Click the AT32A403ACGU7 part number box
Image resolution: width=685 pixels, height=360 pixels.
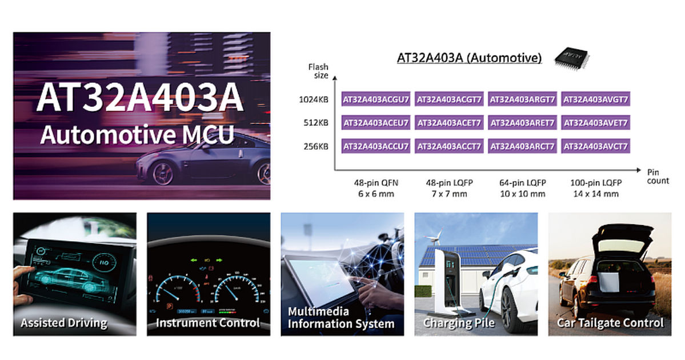click(x=376, y=99)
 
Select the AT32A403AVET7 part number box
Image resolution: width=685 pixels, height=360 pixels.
click(x=595, y=123)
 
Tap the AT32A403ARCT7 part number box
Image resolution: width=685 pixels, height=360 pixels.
click(x=522, y=146)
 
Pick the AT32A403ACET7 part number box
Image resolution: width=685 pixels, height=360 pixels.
click(x=449, y=123)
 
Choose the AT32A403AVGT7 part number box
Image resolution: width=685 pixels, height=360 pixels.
click(x=595, y=99)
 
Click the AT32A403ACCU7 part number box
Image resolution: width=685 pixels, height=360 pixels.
click(x=376, y=146)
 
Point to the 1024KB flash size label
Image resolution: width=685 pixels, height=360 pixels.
click(x=313, y=99)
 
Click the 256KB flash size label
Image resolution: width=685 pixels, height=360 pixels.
click(x=316, y=146)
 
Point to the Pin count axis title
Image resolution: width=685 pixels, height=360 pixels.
click(x=658, y=177)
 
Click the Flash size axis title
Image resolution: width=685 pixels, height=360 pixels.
click(x=318, y=71)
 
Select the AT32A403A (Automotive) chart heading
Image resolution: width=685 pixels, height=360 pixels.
click(x=469, y=58)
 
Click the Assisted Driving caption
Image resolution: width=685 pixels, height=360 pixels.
click(x=64, y=323)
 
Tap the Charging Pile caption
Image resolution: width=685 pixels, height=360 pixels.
click(x=459, y=323)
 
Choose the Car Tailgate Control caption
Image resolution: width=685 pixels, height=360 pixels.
click(x=610, y=323)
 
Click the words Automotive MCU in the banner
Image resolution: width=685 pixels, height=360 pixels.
click(x=137, y=135)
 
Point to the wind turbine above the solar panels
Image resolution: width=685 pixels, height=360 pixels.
click(x=434, y=237)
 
